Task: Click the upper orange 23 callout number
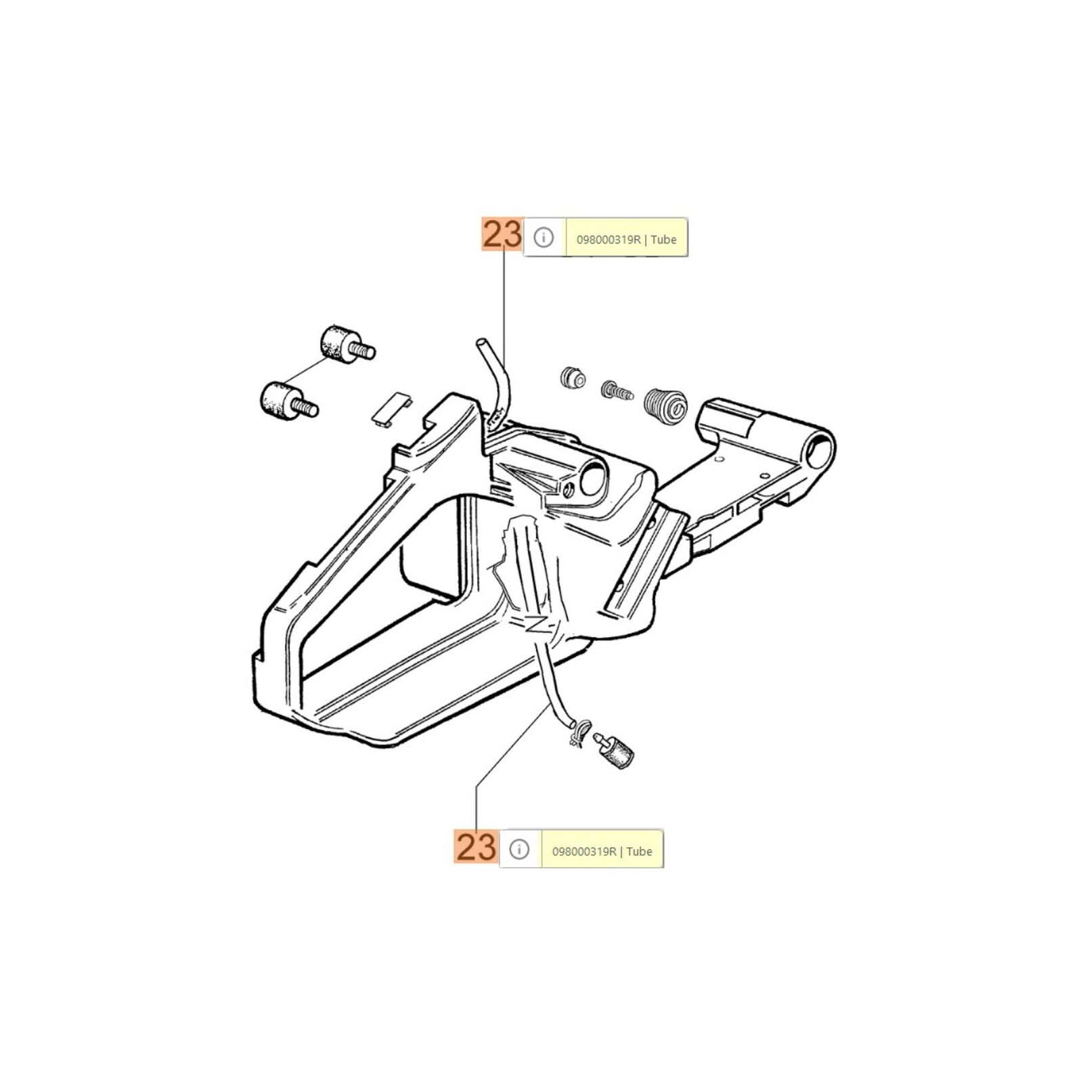(x=502, y=235)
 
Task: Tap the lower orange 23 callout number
(x=477, y=847)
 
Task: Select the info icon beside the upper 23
(x=544, y=238)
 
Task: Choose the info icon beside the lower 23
(x=519, y=849)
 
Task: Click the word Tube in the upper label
(x=663, y=239)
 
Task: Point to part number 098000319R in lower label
(x=584, y=852)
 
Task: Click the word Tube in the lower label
(x=639, y=852)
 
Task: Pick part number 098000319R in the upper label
(x=609, y=239)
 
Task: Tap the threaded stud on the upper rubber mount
(x=364, y=351)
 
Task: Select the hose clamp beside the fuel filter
(x=575, y=734)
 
